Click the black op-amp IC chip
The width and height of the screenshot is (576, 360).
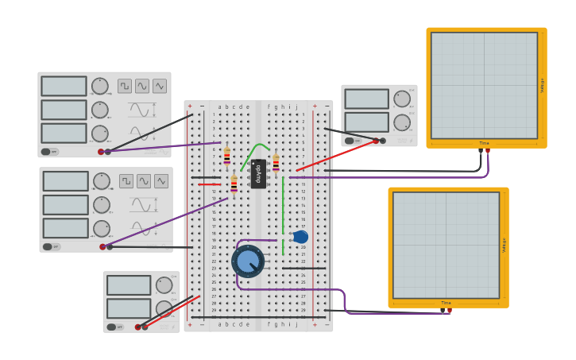tap(258, 173)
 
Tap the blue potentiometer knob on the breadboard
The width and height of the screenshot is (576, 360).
tap(248, 261)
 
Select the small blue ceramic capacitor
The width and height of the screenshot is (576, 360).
tap(300, 237)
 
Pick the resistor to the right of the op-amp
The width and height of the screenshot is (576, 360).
tap(276, 163)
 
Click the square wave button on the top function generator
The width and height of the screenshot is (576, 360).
tap(125, 86)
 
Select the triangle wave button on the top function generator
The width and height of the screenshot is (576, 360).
tap(160, 86)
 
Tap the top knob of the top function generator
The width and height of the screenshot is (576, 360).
tap(99, 86)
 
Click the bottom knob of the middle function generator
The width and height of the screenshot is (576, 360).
tap(101, 228)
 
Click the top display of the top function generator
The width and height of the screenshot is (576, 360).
tap(64, 86)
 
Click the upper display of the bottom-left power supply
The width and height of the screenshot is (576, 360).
tap(129, 285)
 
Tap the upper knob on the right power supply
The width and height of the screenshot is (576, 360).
tap(402, 99)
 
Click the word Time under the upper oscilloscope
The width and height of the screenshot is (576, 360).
tap(484, 143)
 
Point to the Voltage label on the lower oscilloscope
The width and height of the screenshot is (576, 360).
tap(504, 245)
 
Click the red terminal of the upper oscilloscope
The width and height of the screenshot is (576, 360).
tap(488, 150)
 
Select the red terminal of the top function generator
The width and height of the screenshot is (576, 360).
tap(101, 152)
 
